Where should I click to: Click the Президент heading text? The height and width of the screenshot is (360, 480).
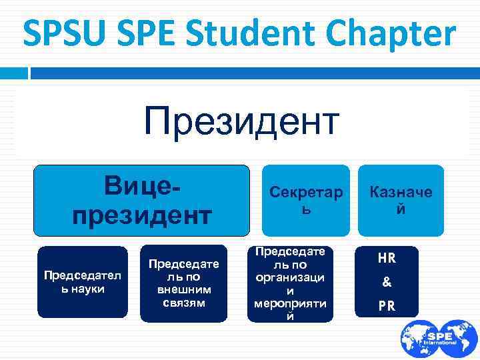(242, 125)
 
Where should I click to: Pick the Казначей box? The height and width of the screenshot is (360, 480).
(401, 200)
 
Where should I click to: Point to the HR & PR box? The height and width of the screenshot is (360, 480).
(387, 282)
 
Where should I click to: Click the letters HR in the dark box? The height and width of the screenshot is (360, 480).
(387, 257)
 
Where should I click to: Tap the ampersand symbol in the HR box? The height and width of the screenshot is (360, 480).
(387, 283)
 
